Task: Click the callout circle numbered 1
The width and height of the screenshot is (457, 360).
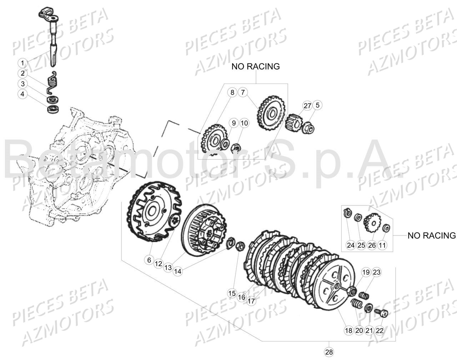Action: [22, 64]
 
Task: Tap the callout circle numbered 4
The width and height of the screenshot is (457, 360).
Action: [22, 94]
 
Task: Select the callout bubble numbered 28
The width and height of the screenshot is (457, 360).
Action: [328, 352]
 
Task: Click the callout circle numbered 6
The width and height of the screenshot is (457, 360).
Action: [149, 260]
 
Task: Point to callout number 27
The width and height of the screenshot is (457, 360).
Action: [307, 105]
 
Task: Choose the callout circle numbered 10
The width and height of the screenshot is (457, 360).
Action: [244, 123]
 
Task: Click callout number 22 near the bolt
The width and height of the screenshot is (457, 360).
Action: [380, 330]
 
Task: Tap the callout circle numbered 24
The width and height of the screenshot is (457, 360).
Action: [351, 245]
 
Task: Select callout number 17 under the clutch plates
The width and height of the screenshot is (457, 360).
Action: [251, 301]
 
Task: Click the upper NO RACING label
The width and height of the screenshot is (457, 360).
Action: [255, 66]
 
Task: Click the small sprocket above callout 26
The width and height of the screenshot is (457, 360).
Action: [371, 223]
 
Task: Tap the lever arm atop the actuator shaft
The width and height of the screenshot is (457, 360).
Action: [47, 14]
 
